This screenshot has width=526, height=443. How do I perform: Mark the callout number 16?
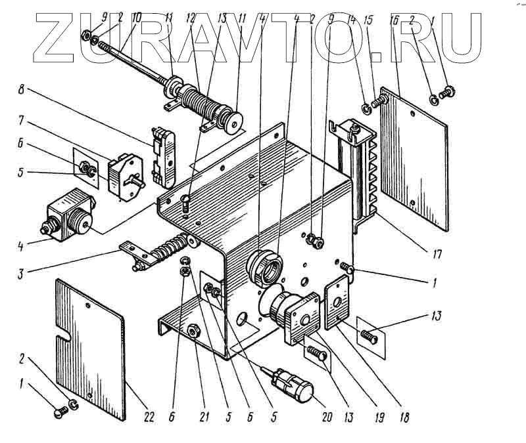pos(395,20)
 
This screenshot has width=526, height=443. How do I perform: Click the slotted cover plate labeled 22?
pos(89,335)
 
